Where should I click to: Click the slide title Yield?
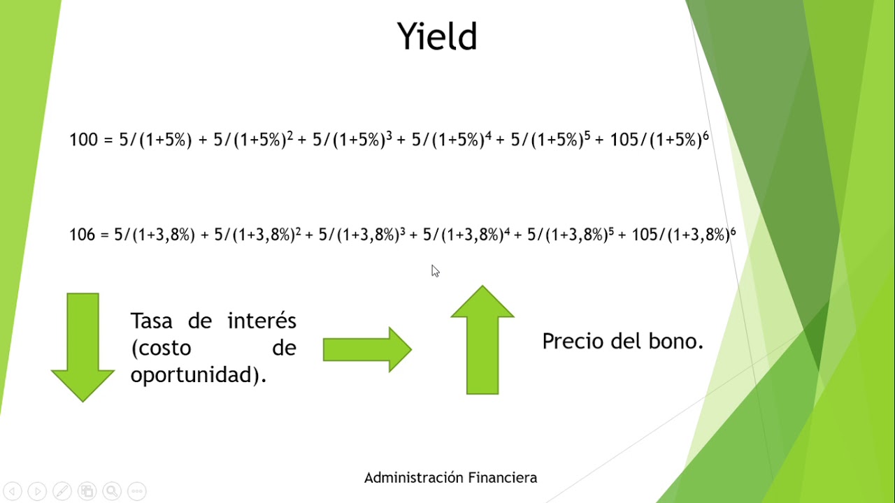(x=437, y=36)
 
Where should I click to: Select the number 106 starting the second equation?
(x=82, y=235)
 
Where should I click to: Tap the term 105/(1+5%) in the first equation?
(x=655, y=140)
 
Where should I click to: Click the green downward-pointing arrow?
(x=83, y=347)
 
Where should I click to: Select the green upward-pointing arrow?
(x=482, y=340)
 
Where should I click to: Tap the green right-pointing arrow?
(x=367, y=349)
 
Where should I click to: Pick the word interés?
(x=262, y=321)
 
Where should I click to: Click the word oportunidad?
(x=195, y=376)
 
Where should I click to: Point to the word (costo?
(x=161, y=349)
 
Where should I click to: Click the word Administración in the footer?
(x=413, y=478)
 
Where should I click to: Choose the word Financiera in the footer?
(x=502, y=478)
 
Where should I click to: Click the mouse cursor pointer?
(x=435, y=271)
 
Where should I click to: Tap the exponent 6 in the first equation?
(x=706, y=136)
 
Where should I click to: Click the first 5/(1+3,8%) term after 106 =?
(x=155, y=235)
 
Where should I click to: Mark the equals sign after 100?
(x=108, y=140)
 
